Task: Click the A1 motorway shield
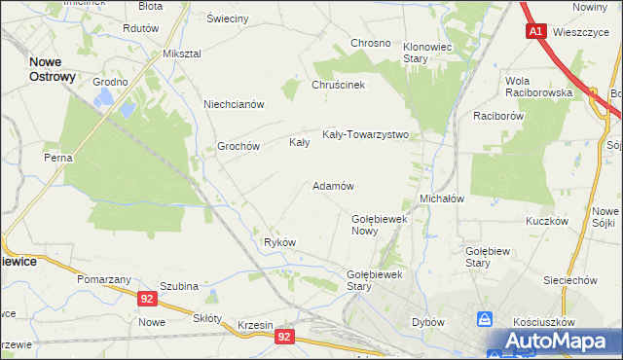point(535,31)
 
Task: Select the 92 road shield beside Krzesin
point(283,336)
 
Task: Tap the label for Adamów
point(332,185)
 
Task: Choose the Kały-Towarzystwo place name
point(365,135)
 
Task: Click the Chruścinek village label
point(338,85)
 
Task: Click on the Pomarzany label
point(105,279)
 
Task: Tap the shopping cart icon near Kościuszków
point(485,319)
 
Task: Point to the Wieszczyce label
point(579,31)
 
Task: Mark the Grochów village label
point(238,147)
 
